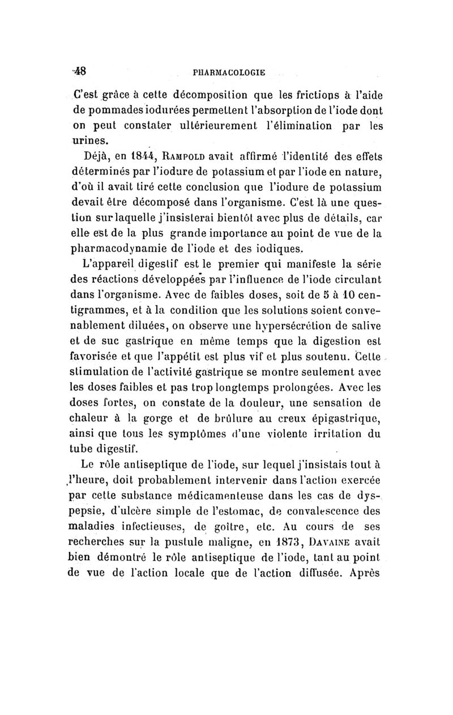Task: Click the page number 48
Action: (79, 71)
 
